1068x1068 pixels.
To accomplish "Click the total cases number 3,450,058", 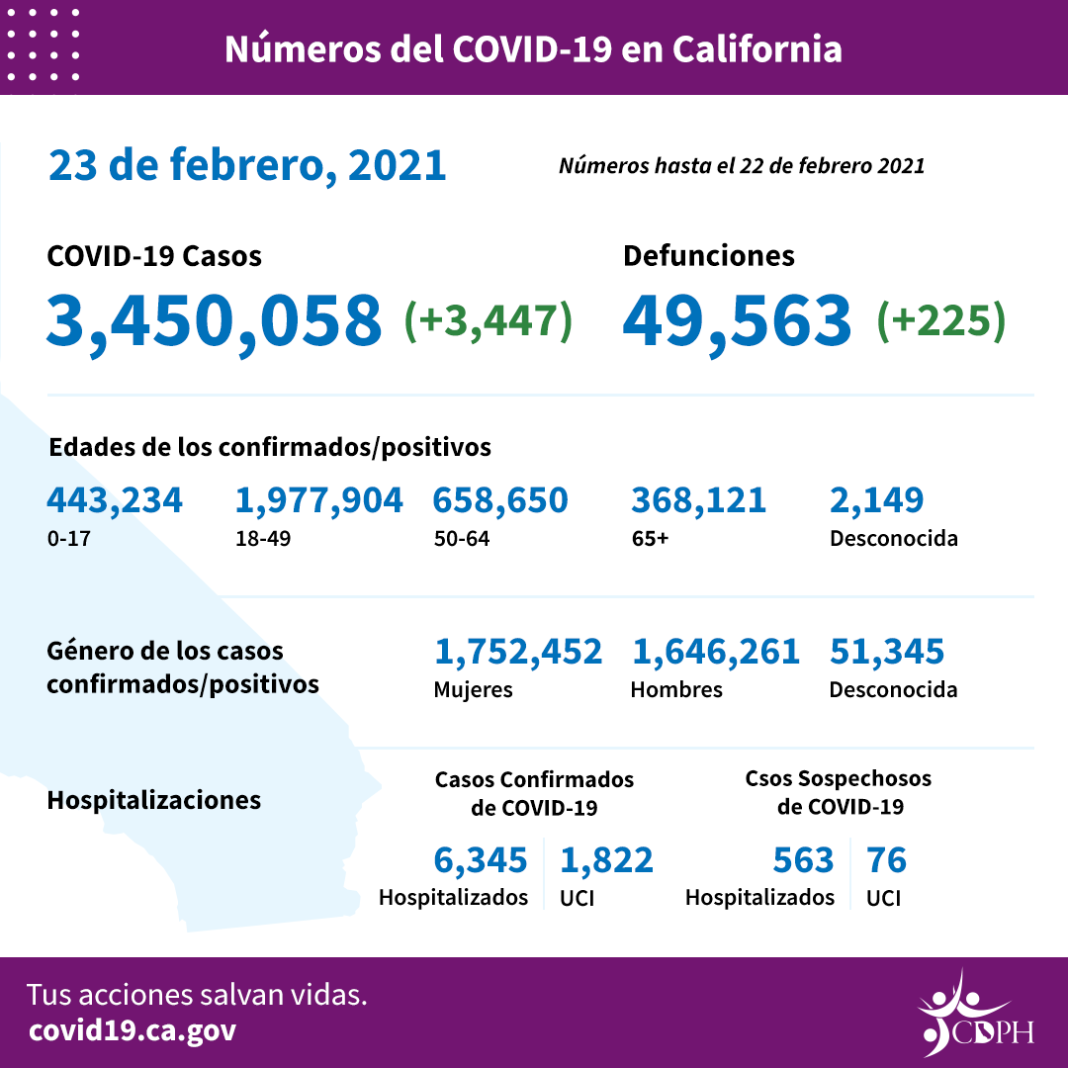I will [214, 320].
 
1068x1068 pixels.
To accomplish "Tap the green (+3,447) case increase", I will [489, 320].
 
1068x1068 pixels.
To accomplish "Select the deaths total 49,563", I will [737, 320].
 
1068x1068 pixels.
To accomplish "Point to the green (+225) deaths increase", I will [940, 320].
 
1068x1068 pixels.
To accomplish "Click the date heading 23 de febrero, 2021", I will [247, 165].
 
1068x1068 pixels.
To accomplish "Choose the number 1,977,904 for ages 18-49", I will [318, 500].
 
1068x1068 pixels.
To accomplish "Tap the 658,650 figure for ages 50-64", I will [500, 500].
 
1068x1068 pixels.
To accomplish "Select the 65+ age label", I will [649, 540].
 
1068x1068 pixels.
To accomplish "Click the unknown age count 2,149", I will [877, 500].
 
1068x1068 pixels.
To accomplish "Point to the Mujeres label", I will [473, 690].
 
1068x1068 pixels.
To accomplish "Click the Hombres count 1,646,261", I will [715, 652].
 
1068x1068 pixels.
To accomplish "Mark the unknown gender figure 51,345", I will [887, 652].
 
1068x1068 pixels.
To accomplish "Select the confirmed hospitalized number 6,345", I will [481, 860].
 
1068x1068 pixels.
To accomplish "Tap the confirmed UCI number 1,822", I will [606, 860].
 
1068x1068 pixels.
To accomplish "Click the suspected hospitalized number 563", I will [803, 860].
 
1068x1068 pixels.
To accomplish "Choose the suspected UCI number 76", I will [886, 860].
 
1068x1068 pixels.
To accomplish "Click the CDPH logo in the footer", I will [973, 1013].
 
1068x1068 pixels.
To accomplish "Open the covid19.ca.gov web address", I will [133, 1030].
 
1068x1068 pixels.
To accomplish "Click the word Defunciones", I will [708, 256].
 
